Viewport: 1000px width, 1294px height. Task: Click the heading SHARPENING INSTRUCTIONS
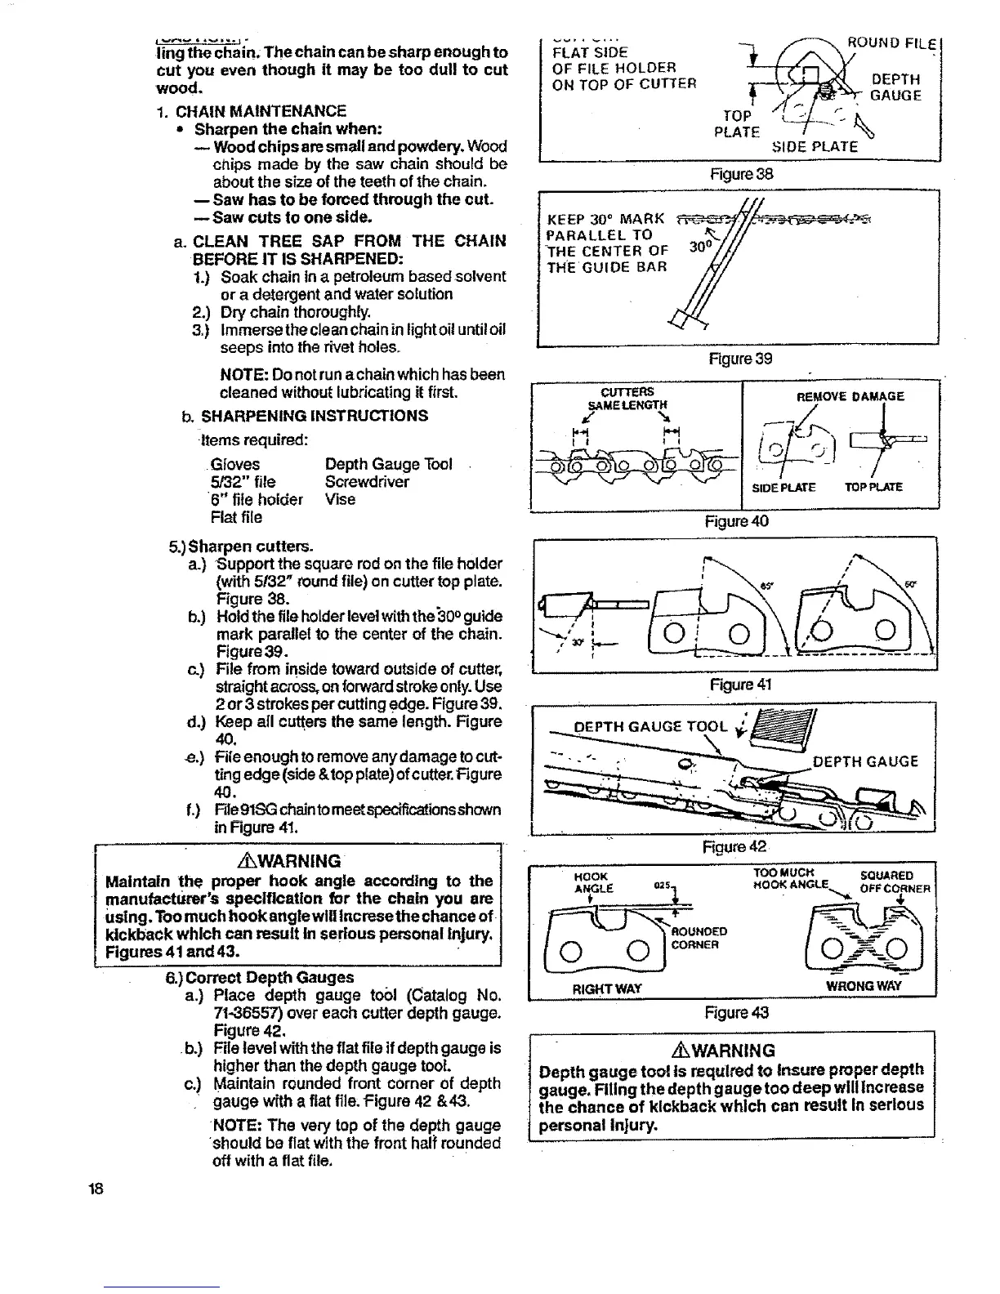coord(315,415)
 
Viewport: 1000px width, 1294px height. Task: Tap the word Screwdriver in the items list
coord(367,482)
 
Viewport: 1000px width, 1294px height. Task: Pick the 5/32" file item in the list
coord(238,482)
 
